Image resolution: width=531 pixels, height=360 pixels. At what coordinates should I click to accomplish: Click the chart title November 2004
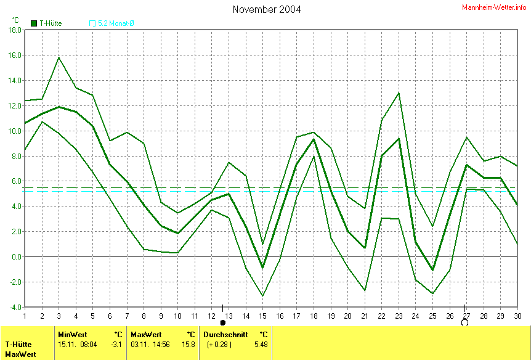(267, 9)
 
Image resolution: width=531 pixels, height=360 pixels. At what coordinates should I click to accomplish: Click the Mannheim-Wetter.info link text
(494, 7)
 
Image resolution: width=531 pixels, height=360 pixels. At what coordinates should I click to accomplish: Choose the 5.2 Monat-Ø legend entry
(116, 23)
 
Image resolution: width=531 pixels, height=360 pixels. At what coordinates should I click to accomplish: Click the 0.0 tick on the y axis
(15, 256)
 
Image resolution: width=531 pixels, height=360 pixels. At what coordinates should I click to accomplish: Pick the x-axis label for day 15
(262, 316)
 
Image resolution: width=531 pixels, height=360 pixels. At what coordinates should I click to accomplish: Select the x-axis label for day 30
(517, 316)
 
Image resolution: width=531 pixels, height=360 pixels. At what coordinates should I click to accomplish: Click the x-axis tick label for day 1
(25, 316)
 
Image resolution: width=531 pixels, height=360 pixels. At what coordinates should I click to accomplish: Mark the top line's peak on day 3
(59, 57)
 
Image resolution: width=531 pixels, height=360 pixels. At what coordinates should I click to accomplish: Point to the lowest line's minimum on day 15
(262, 296)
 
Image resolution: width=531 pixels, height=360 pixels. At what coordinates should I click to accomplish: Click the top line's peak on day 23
(399, 92)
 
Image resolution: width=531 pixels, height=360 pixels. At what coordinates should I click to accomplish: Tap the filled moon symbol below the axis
(223, 322)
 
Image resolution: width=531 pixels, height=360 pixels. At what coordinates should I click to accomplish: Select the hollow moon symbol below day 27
(464, 322)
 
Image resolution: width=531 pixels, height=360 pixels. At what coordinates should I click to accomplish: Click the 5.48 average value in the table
(261, 344)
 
